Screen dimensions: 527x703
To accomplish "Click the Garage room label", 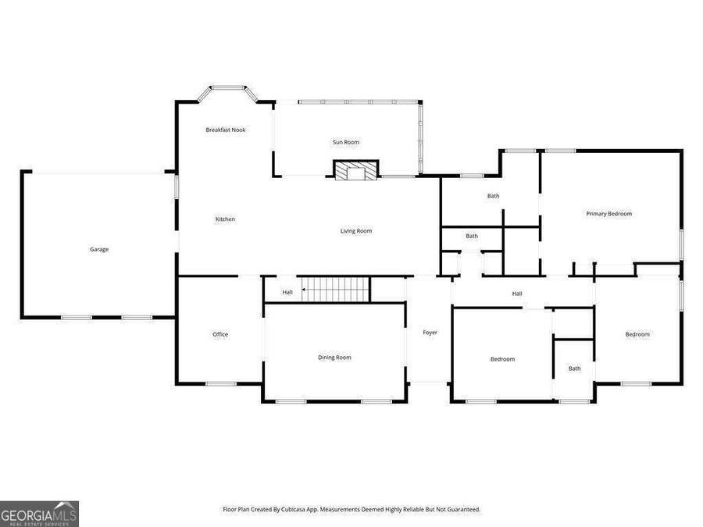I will coord(99,250).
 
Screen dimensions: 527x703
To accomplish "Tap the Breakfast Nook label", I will coord(226,130).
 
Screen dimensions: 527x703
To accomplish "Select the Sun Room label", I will coord(346,142).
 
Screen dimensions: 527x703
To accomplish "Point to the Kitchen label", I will coord(225,219).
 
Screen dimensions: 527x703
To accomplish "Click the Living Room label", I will coord(356,231).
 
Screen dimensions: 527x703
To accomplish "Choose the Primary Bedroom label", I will coord(609,213).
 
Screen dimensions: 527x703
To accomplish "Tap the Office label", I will coord(220,335).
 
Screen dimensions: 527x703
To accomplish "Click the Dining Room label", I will coord(334,358).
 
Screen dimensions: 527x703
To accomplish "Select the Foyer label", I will coord(430,333).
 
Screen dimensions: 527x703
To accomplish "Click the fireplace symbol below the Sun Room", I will coord(356,170).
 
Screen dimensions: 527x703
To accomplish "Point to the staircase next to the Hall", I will coord(337,289).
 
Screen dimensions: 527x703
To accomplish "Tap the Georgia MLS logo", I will coord(39,514).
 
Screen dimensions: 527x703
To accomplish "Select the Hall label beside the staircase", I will coord(287,293).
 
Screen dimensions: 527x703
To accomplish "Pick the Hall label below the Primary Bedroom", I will coord(517,294).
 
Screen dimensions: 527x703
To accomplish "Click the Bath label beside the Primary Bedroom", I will coord(494,196).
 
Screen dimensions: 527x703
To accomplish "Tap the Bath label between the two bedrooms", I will coord(575,369).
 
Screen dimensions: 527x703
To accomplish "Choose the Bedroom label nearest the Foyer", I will coord(502,359).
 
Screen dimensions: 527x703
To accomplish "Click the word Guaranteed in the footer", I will coord(462,510).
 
